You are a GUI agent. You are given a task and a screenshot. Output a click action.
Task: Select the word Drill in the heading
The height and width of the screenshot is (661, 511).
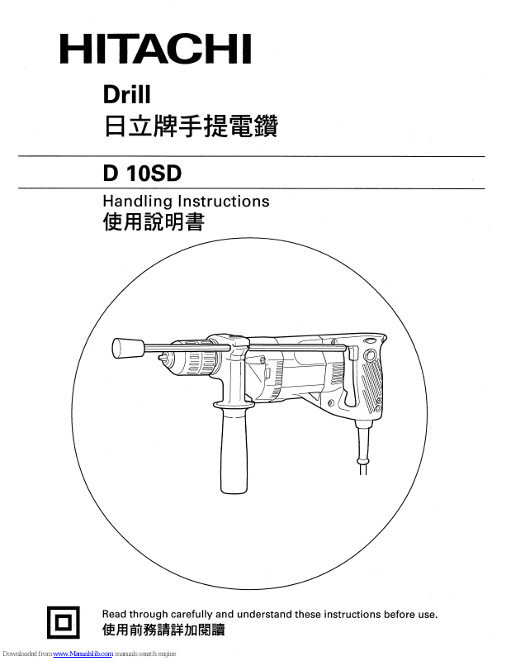coord(126,96)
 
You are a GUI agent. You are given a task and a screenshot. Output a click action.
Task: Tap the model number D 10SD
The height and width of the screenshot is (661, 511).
coord(141,174)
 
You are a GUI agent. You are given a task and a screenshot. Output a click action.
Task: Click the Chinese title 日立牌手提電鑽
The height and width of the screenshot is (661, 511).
coord(190,127)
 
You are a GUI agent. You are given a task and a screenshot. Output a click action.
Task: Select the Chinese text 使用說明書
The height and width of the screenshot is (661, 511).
coord(153,222)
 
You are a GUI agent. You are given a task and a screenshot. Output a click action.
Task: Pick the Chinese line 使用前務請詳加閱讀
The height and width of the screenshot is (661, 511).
coord(163,630)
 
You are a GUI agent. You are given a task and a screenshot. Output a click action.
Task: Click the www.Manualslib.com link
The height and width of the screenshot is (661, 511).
coord(88,654)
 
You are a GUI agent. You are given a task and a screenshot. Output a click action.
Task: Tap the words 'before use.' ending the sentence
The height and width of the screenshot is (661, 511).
coord(410,614)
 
